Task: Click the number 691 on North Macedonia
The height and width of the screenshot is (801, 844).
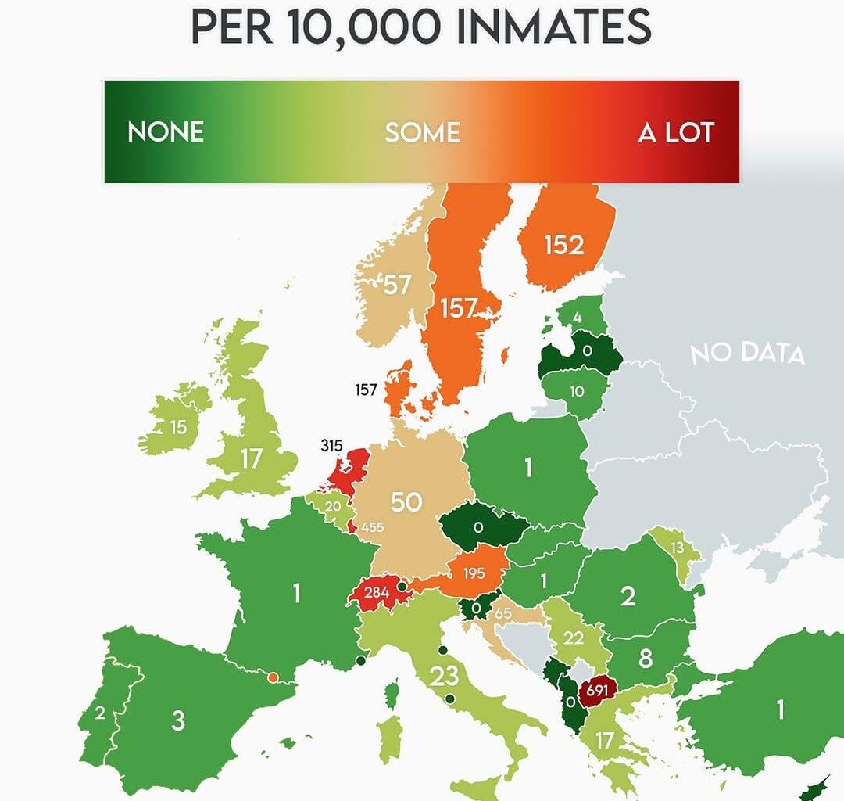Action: tap(596, 690)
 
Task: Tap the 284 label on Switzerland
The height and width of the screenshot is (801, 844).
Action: tap(377, 592)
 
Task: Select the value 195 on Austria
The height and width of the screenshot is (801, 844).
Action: tap(474, 573)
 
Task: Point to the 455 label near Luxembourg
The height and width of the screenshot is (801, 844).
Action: tap(372, 527)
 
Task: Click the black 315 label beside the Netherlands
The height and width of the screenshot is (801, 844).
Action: tap(332, 447)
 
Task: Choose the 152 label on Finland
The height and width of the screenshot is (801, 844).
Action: tap(564, 246)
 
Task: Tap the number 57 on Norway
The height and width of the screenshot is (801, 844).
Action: tap(396, 285)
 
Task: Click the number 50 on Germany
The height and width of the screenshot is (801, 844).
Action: tap(406, 501)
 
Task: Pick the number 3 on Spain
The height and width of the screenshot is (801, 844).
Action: tap(178, 720)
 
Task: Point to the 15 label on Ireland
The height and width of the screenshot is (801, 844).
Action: tap(179, 428)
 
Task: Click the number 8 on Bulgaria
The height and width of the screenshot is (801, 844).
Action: tap(645, 659)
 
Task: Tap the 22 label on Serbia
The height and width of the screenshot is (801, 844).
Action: tap(574, 638)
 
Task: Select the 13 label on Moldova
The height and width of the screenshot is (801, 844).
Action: tap(677, 548)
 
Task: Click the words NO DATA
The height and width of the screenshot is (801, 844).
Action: tap(747, 353)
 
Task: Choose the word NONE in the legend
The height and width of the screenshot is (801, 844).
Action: tap(166, 131)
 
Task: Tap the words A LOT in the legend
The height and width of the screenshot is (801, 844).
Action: tap(676, 133)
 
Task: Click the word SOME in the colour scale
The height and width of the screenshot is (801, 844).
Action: tap(422, 132)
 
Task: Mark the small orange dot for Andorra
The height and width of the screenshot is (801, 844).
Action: tap(273, 677)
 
